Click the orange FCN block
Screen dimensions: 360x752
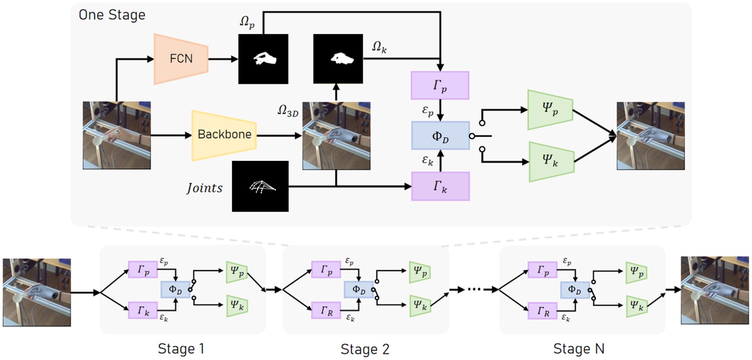point(181,59)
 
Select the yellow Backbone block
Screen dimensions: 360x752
point(224,135)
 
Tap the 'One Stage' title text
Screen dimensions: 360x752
point(112,15)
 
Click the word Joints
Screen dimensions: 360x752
point(205,188)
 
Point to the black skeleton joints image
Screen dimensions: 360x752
point(260,186)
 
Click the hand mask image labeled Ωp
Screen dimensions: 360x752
point(263,59)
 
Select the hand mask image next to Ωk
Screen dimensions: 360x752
point(338,59)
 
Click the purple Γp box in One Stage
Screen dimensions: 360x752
point(440,86)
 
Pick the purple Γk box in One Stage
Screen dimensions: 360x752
point(440,186)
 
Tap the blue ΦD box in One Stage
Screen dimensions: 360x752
point(440,136)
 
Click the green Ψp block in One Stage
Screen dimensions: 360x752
point(550,109)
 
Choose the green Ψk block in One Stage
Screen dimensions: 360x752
point(551,161)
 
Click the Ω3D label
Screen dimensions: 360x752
point(288,111)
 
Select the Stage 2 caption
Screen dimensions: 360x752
point(365,349)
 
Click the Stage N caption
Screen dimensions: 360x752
point(578,348)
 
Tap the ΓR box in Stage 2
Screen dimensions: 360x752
point(326,311)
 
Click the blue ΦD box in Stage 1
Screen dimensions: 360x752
point(175,290)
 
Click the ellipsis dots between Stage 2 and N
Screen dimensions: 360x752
point(474,289)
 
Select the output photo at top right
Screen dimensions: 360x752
point(650,136)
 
